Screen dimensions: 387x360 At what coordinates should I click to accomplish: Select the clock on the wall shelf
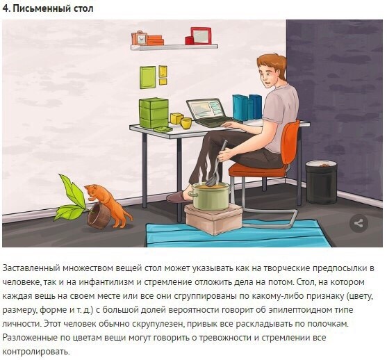click(140, 38)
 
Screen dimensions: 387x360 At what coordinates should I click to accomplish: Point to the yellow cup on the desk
click(186, 123)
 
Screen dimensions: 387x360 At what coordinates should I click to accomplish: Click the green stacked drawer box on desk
click(154, 113)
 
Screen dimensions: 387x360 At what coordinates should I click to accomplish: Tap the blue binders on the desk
click(247, 108)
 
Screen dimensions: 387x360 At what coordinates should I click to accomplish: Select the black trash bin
click(321, 181)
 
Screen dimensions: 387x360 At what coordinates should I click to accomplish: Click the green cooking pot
click(211, 196)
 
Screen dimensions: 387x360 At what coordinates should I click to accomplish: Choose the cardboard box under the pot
click(213, 218)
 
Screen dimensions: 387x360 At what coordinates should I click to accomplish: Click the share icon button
click(359, 224)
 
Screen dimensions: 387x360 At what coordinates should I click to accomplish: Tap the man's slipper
click(178, 197)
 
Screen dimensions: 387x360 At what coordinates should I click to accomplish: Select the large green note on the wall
click(148, 77)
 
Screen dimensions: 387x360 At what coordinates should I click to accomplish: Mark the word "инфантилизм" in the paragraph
click(106, 282)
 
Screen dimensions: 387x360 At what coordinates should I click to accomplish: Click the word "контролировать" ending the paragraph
click(35, 352)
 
